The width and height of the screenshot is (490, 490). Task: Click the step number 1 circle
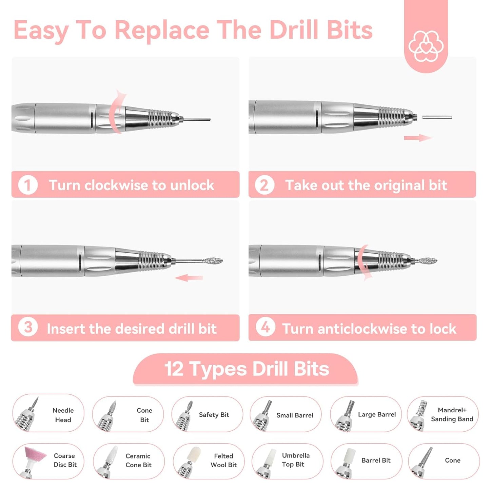tap(28, 185)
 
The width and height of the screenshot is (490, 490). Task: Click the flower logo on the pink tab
tap(426, 46)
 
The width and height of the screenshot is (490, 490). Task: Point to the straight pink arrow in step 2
tap(418, 138)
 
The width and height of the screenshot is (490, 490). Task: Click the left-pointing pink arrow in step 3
tap(189, 278)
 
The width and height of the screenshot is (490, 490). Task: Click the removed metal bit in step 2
tap(437, 117)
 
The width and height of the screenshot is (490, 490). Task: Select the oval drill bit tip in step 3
tap(213, 261)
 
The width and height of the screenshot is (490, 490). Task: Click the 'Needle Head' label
tap(63, 415)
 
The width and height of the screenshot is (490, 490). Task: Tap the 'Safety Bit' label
tap(214, 415)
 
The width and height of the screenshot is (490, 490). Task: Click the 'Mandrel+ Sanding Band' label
tap(452, 414)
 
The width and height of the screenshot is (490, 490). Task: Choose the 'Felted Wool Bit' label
tap(223, 460)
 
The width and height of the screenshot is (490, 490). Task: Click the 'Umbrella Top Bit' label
tap(295, 460)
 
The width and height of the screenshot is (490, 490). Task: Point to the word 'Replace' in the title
tap(162, 31)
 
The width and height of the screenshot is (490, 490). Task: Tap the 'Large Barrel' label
tap(377, 414)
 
